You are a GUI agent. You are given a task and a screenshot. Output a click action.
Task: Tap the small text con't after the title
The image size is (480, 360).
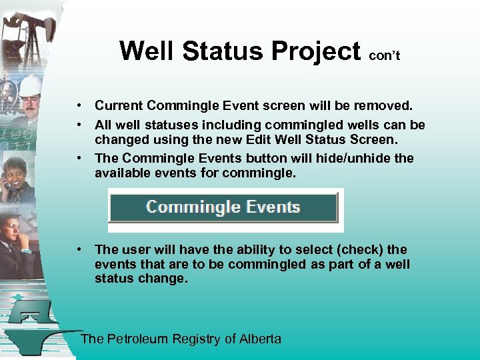coord(384,56)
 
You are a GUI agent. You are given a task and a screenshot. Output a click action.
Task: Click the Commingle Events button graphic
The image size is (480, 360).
coord(223,207)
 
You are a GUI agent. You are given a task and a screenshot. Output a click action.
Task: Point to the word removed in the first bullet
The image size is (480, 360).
coord(388,105)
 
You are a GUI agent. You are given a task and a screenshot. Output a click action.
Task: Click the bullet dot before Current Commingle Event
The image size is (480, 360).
coord(79,105)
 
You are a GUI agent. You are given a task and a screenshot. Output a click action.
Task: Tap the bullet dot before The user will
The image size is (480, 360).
coord(79,249)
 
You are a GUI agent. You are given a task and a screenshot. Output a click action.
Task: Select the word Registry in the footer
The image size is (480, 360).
coord(197,339)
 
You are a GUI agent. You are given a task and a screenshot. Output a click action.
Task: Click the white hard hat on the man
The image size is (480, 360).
coord(31,84)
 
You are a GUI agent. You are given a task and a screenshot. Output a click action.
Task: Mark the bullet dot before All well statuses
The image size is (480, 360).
coord(79,125)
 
